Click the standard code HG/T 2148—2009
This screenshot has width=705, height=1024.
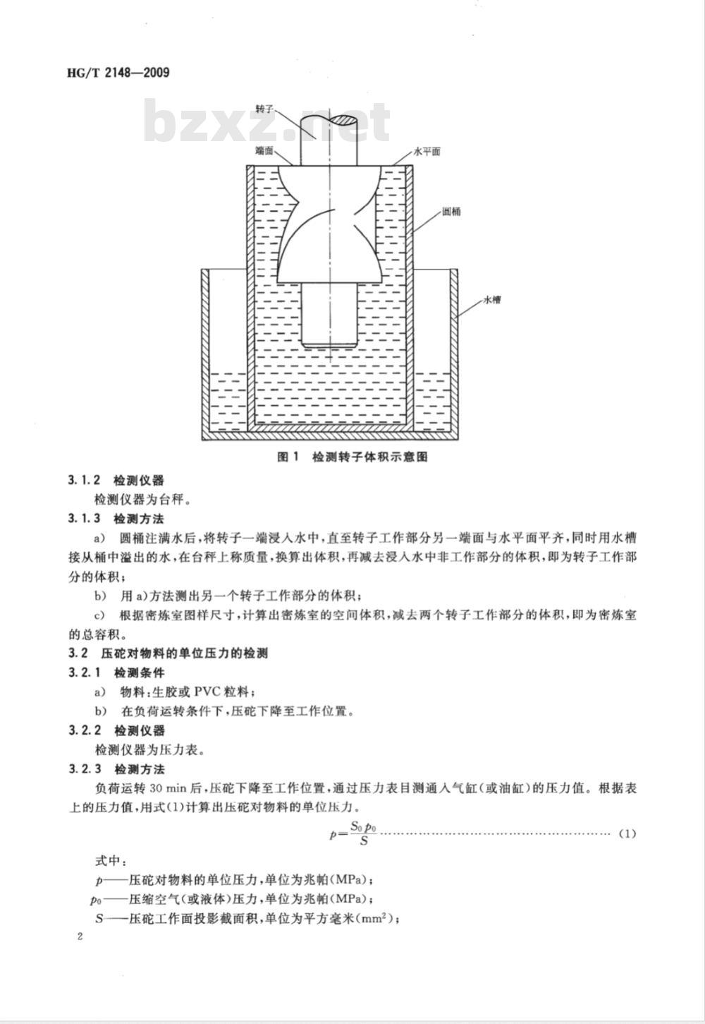tap(118, 73)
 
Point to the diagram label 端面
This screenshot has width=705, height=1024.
tap(264, 150)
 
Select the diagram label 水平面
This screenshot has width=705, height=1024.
tap(427, 151)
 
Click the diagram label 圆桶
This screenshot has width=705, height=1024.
tap(451, 212)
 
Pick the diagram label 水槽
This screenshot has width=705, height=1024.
tap(492, 301)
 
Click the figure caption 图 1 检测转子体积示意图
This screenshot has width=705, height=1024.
tap(352, 457)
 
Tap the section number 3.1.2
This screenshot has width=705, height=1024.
tap(85, 481)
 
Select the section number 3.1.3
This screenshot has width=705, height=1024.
tap(85, 519)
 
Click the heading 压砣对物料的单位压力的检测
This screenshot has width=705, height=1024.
tap(185, 653)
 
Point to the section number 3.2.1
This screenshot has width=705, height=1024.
tap(85, 673)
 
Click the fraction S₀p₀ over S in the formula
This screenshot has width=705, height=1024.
tap(364, 833)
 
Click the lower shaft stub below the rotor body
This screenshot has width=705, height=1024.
tap(329, 315)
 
